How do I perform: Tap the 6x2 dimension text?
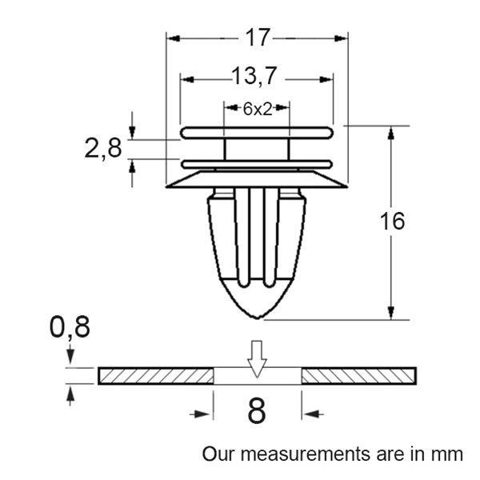[x=258, y=110]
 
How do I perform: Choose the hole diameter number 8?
[x=257, y=413]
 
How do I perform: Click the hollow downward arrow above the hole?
[x=257, y=358]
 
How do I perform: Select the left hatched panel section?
[x=156, y=375]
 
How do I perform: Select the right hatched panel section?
[x=358, y=375]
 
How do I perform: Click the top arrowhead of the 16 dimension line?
[x=391, y=132]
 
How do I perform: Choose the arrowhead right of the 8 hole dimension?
[x=309, y=413]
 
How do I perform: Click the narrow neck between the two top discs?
[x=257, y=148]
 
